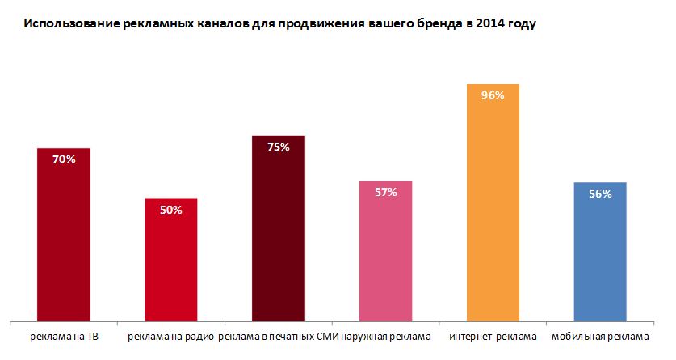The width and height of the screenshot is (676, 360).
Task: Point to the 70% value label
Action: pos(64,160)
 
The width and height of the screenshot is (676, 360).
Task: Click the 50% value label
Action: pos(170,210)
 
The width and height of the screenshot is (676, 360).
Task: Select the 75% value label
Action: pos(278,147)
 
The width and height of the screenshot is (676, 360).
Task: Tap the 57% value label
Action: pos(385,192)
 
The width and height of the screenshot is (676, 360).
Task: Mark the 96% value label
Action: pos(493,95)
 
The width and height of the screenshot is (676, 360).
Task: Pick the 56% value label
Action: pos(600,194)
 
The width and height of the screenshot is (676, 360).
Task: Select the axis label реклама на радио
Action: pos(170,336)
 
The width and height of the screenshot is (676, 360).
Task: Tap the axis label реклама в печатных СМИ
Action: pos(278,336)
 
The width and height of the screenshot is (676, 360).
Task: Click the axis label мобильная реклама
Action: pos(598,336)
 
